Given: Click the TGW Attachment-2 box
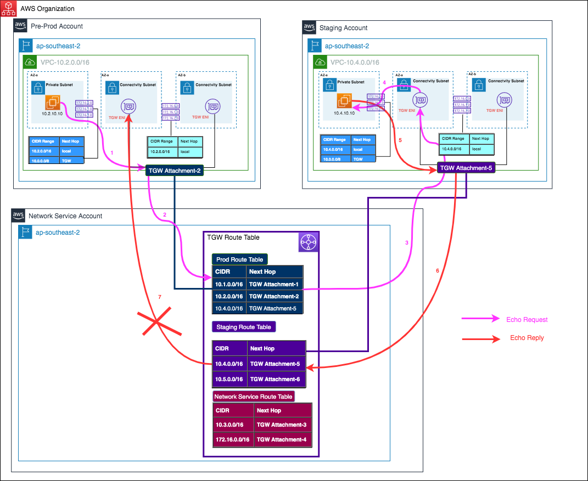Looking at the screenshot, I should [x=175, y=171].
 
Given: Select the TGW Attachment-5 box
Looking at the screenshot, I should [x=466, y=168].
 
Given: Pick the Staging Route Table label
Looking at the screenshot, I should [x=244, y=327].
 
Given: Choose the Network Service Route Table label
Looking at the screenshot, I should [x=254, y=397].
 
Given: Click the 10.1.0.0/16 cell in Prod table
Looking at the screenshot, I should [x=229, y=284].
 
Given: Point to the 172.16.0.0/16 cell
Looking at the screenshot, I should [x=233, y=439].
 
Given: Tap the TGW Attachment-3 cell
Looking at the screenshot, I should [x=282, y=425].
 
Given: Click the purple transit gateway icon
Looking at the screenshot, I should [x=308, y=242].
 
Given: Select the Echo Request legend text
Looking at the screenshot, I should [x=527, y=320].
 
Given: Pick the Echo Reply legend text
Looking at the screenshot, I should [x=527, y=338].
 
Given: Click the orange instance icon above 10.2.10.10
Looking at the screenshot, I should [x=53, y=103].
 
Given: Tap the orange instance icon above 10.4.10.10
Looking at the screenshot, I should [x=344, y=101].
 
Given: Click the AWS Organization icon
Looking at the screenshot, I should [x=8, y=8].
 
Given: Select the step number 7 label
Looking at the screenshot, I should [x=159, y=297].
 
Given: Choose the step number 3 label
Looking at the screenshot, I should [x=407, y=242].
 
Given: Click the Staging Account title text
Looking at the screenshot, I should [x=343, y=28].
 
